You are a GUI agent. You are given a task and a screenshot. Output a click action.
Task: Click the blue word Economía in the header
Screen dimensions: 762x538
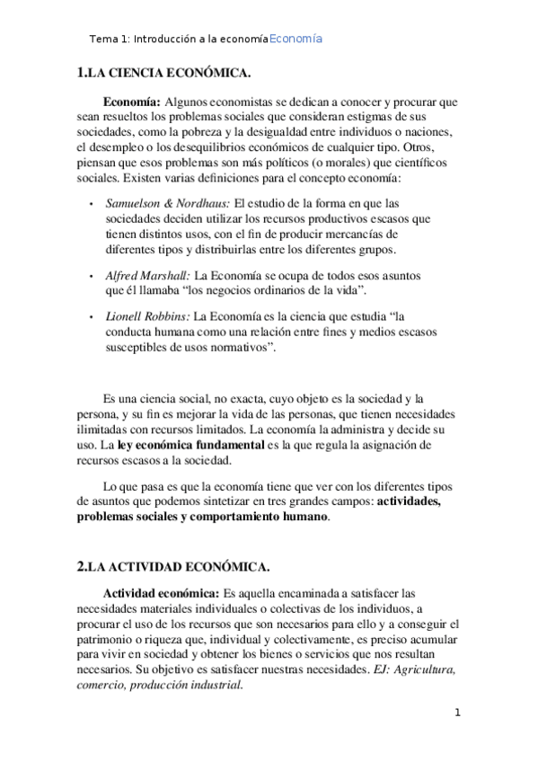pyautogui.click(x=295, y=40)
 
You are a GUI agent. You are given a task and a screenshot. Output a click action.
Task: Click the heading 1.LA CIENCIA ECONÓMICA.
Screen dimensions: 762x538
pyautogui.click(x=164, y=73)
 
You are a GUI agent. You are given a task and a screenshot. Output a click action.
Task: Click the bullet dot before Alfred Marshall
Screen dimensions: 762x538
pyautogui.click(x=93, y=276)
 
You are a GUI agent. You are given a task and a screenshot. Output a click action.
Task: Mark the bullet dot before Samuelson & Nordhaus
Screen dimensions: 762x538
pyautogui.click(x=93, y=204)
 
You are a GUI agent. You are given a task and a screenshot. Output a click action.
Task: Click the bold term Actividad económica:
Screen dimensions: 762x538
pyautogui.click(x=161, y=593)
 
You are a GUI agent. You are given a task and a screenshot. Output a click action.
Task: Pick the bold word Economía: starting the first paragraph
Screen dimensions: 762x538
pyautogui.click(x=132, y=102)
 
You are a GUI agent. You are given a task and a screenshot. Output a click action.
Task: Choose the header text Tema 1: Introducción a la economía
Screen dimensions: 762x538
pyautogui.click(x=179, y=40)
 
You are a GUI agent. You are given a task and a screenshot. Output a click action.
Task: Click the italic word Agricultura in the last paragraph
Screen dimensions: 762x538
pyautogui.click(x=425, y=669)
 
